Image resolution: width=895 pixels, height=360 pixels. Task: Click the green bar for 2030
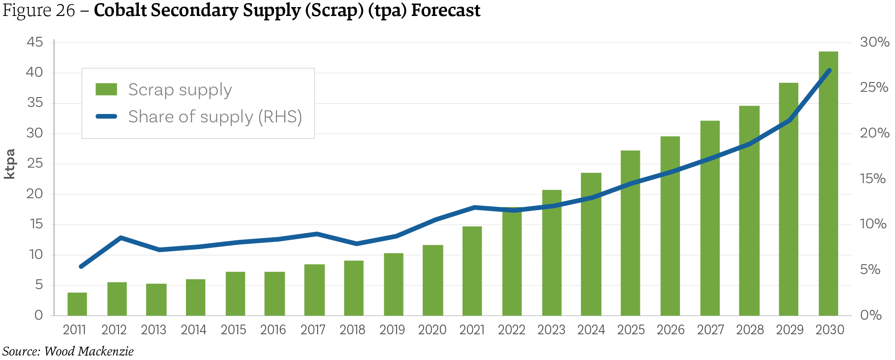tap(828, 184)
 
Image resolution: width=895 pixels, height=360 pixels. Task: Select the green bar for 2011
tap(77, 304)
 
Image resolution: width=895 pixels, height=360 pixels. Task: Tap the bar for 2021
tap(472, 271)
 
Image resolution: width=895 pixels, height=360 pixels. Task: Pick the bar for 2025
tap(630, 233)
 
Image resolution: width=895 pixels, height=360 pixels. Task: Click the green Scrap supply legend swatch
tap(106, 90)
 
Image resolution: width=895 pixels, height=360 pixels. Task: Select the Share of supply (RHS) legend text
tap(215, 117)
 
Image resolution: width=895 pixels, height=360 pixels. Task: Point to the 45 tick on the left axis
tap(35, 43)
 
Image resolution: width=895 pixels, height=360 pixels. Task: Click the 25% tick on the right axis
tap(874, 87)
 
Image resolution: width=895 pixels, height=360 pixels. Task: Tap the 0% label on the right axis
tap(871, 315)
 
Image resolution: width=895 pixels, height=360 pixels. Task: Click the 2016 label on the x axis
tap(273, 330)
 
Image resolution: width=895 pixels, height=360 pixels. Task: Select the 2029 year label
tap(789, 330)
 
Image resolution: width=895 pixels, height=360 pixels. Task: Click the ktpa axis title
tap(10, 164)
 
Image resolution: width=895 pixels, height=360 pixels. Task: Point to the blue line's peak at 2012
tap(121, 238)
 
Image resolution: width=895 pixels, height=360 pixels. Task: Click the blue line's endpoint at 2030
tap(829, 70)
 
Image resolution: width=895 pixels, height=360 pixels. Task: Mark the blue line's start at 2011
tap(81, 266)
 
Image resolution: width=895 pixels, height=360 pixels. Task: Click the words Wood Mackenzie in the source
tap(89, 352)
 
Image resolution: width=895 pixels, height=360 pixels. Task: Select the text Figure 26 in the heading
tap(39, 10)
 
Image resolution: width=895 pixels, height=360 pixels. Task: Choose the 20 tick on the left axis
tap(35, 194)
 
